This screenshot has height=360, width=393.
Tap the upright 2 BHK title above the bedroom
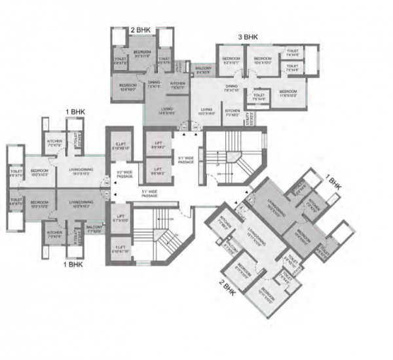[141, 30]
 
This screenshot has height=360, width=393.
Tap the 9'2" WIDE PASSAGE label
[124, 174]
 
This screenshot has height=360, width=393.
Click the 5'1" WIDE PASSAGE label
[150, 193]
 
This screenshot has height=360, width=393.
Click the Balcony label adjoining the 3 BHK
[204, 69]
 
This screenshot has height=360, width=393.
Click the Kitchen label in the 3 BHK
[232, 113]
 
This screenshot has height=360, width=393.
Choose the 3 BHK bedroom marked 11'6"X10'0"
[288, 92]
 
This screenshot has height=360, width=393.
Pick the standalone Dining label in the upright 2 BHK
[154, 85]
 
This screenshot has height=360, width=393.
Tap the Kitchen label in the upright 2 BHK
[178, 85]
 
